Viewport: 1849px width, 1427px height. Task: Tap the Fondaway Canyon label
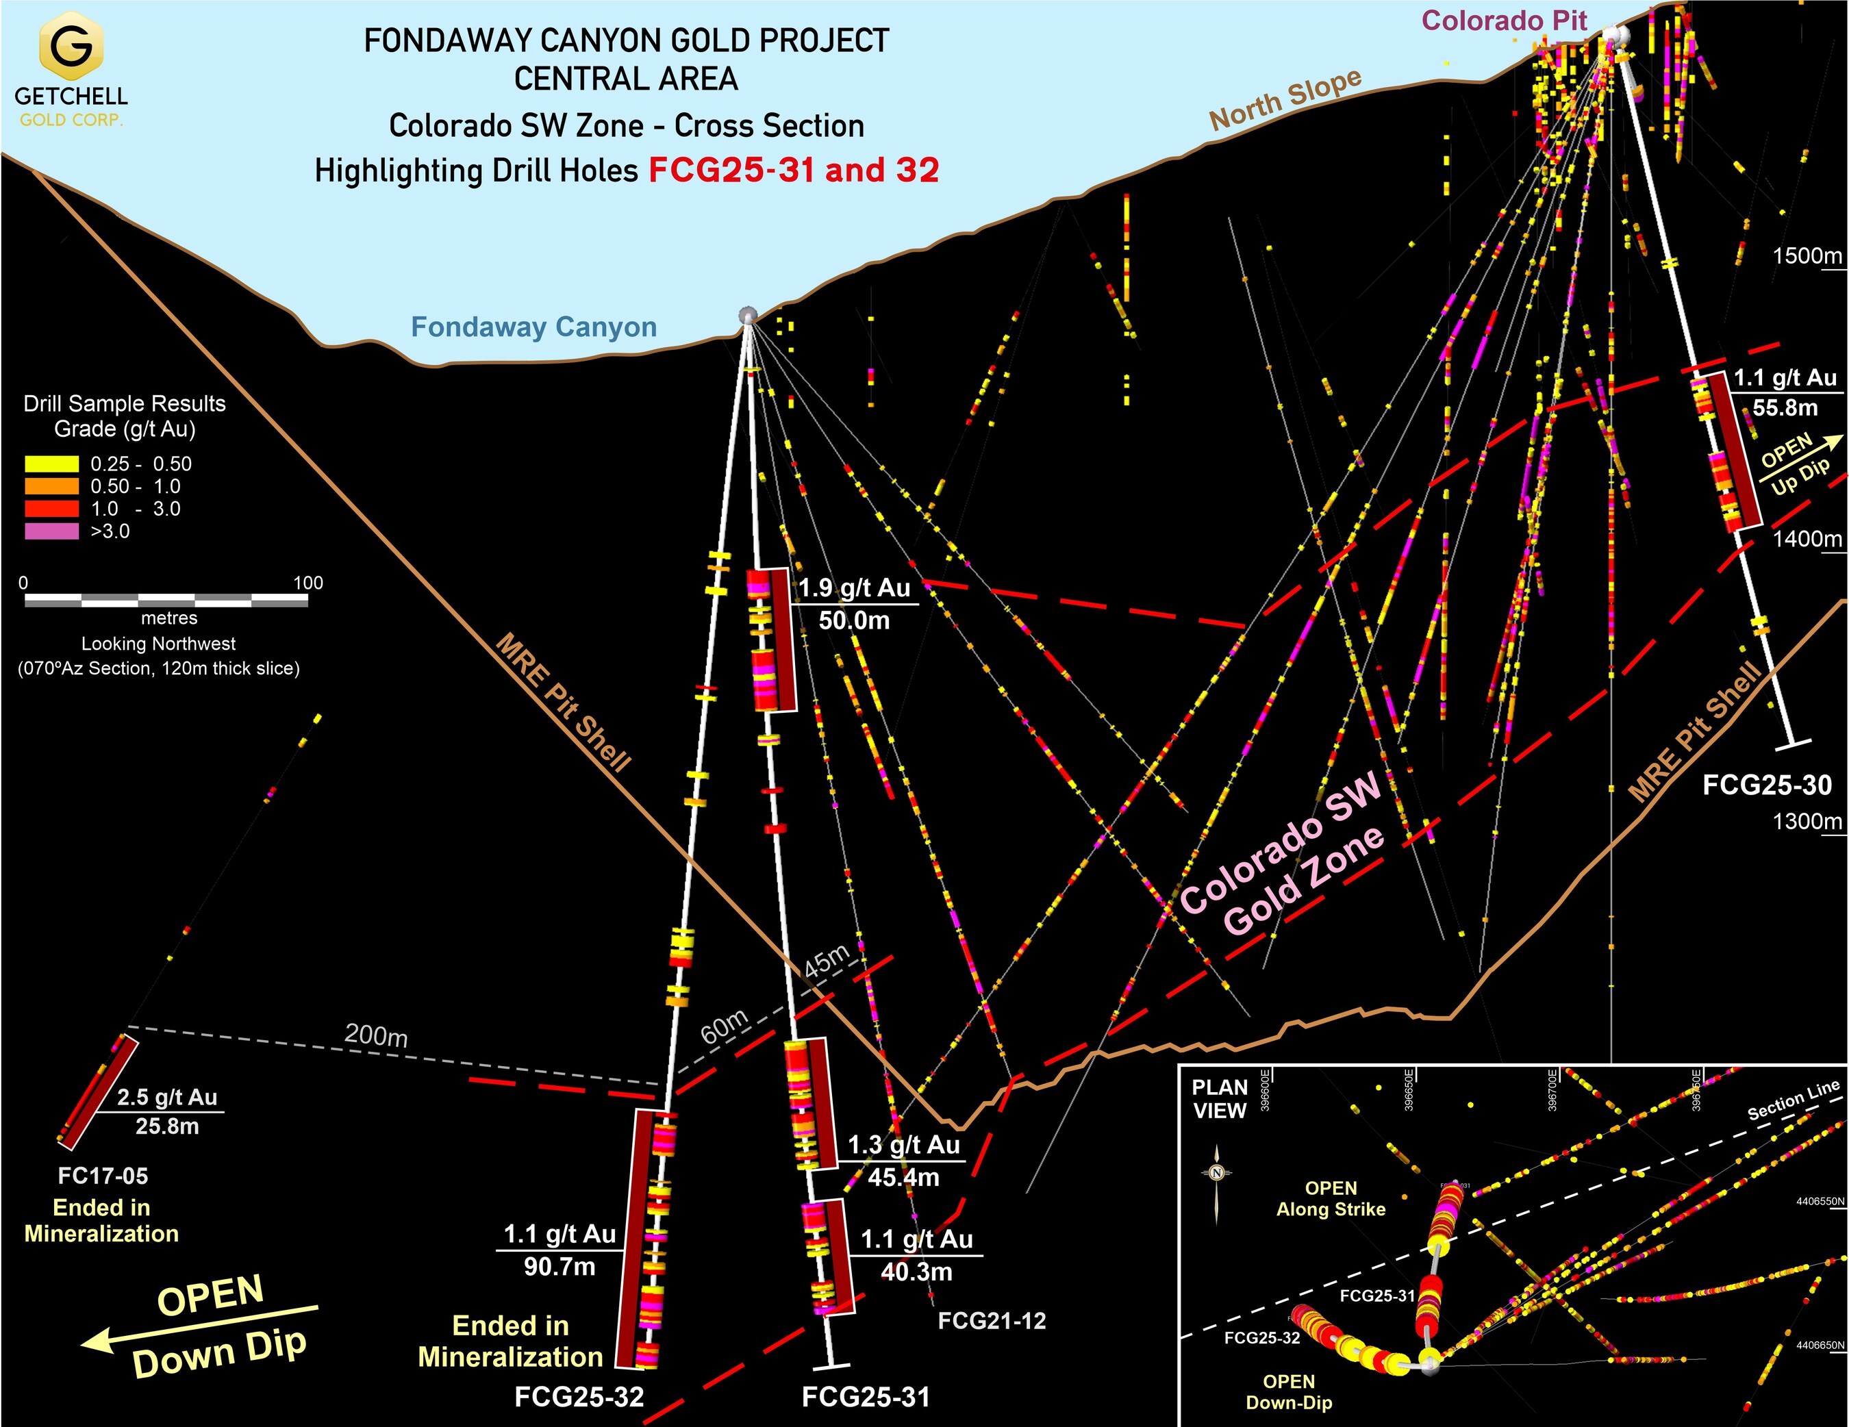point(533,327)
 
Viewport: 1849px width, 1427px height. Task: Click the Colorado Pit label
point(1504,21)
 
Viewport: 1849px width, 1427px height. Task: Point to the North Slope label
point(1285,99)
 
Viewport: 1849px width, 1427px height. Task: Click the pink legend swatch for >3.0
point(51,531)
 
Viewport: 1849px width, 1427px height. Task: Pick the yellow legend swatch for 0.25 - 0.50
point(51,464)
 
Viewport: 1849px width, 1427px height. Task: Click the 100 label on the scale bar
point(308,582)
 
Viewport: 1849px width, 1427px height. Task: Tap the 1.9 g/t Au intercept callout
point(854,588)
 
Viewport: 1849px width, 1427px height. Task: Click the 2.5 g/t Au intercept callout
point(167,1097)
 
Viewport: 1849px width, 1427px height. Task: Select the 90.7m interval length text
point(559,1267)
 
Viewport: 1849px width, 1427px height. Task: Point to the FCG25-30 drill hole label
point(1767,785)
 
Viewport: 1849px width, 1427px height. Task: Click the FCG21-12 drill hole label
point(992,1320)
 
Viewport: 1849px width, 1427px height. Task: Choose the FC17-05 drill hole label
point(103,1176)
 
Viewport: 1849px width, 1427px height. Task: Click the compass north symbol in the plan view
point(1217,1173)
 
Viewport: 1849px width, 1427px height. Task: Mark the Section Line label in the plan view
point(1793,1100)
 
